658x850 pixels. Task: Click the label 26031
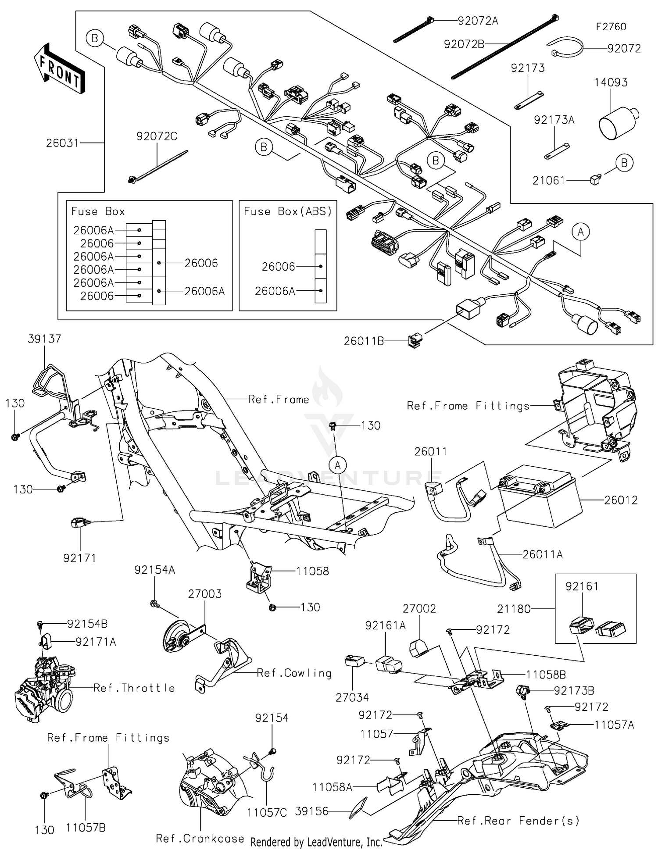62,143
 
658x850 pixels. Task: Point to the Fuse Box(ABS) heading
288,211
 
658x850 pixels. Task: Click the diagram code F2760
611,27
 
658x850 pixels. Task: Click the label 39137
44,339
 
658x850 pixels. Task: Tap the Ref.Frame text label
279,400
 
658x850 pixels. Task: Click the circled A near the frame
337,465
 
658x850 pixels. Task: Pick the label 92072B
464,44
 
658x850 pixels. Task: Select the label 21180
514,609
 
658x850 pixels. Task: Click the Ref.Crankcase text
200,838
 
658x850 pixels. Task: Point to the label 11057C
267,812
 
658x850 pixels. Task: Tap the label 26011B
364,341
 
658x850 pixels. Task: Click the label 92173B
574,691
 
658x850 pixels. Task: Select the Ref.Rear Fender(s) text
518,820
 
